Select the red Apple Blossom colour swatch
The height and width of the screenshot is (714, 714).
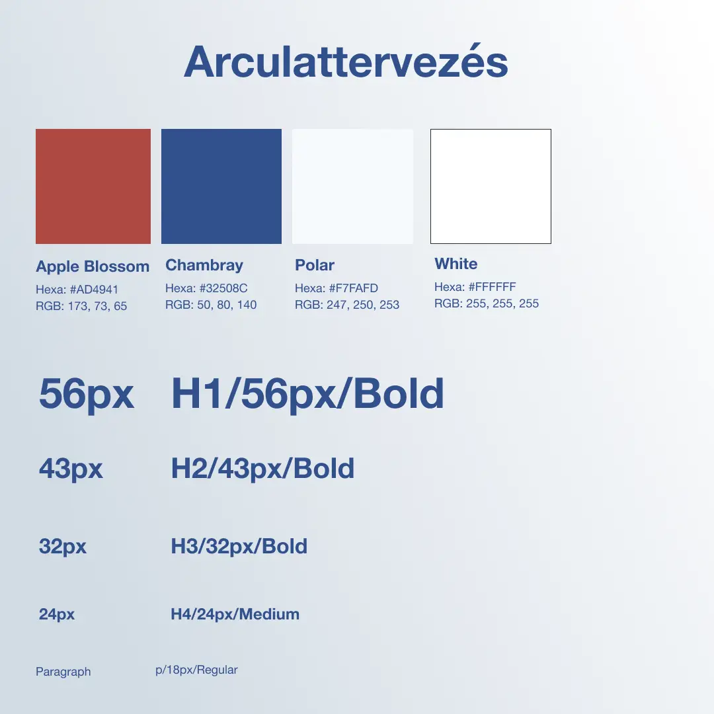[93, 186]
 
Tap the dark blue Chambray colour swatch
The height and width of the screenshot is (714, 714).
[221, 186]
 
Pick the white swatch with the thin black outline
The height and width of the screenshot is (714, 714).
[491, 186]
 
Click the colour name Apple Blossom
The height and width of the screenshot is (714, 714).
[93, 266]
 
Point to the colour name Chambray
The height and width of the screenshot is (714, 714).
[204, 265]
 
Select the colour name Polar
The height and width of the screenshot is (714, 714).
[315, 265]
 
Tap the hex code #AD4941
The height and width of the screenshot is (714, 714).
[94, 290]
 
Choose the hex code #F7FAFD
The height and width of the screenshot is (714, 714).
[354, 288]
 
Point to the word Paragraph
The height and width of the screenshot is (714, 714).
[63, 672]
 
